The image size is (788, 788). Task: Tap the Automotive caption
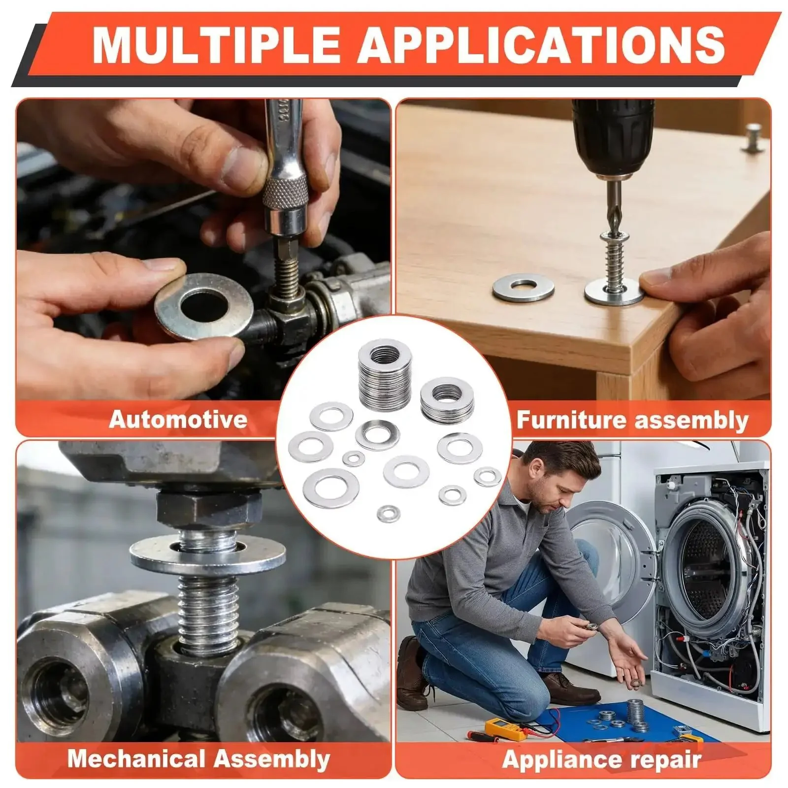click(178, 419)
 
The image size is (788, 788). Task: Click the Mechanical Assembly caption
click(198, 758)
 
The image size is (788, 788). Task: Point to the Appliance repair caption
click(601, 759)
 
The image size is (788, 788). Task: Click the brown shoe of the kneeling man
click(571, 687)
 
